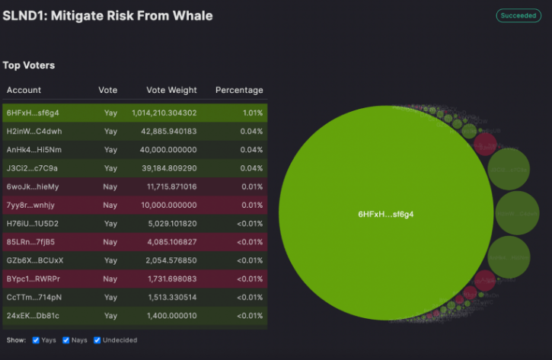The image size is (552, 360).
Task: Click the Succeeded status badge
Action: (518, 15)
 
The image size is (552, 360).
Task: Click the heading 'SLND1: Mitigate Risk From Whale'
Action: (107, 15)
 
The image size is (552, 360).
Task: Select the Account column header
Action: (24, 90)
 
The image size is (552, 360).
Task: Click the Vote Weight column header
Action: (171, 90)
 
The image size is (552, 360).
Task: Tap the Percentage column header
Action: (239, 90)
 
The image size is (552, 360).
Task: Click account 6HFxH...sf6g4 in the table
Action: (33, 113)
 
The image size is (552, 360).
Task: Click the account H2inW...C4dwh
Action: (34, 131)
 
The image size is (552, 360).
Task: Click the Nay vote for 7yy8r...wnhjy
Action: (110, 205)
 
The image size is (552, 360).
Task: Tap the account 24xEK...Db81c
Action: (33, 315)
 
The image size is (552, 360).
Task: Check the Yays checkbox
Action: (36, 339)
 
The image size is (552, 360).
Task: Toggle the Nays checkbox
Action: (66, 339)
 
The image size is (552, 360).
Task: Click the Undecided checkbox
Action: (97, 339)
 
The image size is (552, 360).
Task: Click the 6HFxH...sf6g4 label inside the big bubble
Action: (385, 215)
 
